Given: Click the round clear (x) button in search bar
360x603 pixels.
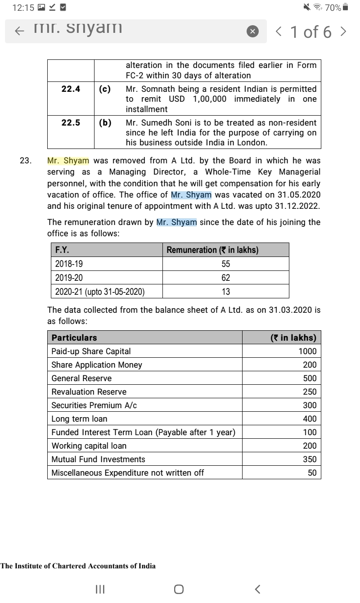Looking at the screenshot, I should (x=253, y=31).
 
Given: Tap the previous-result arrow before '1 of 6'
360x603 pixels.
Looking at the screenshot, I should (x=279, y=31).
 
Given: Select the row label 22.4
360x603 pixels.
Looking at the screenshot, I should (x=71, y=89).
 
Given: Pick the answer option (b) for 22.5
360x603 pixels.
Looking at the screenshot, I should (x=105, y=122).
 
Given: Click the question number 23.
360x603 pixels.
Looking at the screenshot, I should (x=25, y=161).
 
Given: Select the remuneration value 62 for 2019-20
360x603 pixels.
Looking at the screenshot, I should (x=225, y=278).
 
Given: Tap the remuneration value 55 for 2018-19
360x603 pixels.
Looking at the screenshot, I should (x=225, y=265).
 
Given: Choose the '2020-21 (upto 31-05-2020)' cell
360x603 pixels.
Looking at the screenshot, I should (x=99, y=292).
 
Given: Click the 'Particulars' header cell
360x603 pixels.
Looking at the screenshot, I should (x=74, y=337).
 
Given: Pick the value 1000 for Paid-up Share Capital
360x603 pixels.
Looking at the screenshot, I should (x=307, y=351).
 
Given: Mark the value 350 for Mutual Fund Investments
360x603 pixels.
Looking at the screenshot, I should (x=309, y=459).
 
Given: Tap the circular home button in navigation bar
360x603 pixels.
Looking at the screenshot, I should (x=179, y=589).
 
